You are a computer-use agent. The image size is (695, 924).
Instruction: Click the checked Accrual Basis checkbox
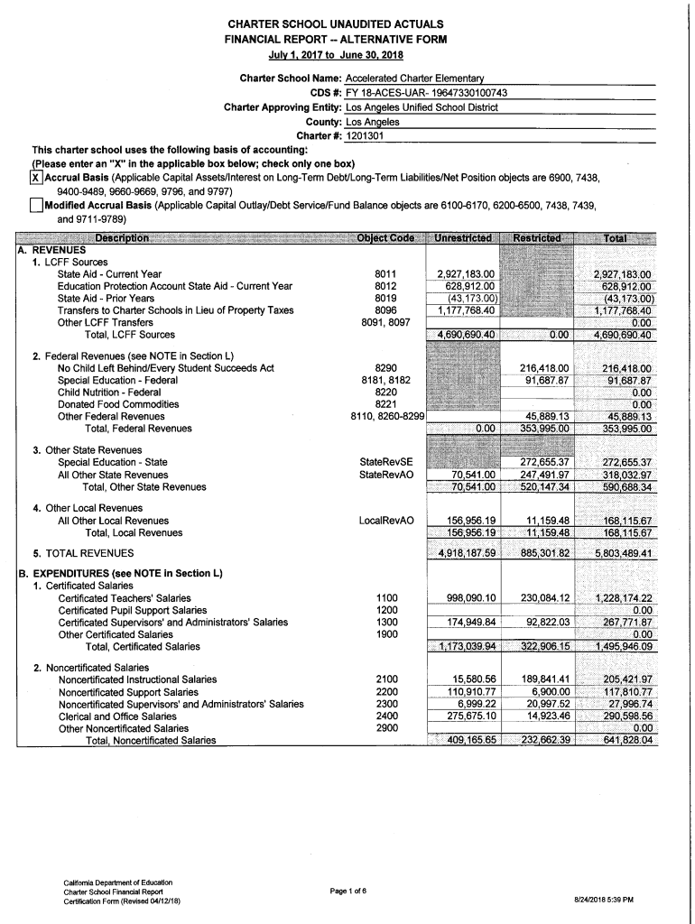tap(37, 178)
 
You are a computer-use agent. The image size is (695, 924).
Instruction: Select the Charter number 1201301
tap(359, 135)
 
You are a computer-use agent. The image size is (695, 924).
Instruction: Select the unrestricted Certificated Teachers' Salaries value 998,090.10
tap(466, 597)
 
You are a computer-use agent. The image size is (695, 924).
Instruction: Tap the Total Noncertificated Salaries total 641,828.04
tap(618, 740)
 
